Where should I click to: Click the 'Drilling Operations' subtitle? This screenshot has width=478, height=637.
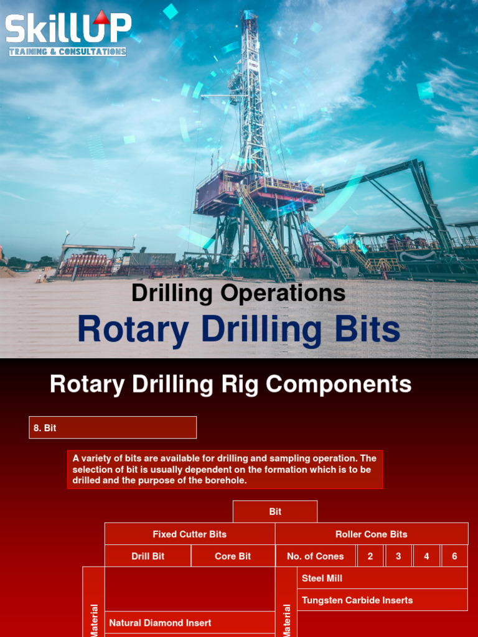click(238, 293)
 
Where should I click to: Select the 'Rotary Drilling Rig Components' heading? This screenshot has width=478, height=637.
click(230, 384)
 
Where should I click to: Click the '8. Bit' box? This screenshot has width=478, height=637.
click(113, 428)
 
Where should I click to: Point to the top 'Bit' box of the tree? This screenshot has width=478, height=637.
click(275, 511)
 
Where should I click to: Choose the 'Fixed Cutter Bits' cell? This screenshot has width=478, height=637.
click(189, 534)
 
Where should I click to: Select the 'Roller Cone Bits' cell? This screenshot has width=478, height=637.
click(371, 534)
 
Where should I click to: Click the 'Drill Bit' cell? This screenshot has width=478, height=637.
click(148, 556)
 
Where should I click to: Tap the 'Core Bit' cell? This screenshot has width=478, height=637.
click(233, 556)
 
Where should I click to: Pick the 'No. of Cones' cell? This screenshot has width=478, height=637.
click(316, 556)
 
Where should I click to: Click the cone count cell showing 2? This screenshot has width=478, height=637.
click(370, 556)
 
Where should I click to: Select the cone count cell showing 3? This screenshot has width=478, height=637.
click(398, 556)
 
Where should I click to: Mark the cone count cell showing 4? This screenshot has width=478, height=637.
click(426, 556)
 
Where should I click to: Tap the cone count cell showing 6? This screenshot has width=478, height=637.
click(454, 556)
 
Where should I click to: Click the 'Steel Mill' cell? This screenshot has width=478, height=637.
click(382, 578)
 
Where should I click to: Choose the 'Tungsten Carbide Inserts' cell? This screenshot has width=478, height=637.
click(382, 600)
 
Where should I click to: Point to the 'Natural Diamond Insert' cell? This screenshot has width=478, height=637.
click(190, 623)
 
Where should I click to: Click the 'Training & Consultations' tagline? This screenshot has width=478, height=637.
click(67, 52)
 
